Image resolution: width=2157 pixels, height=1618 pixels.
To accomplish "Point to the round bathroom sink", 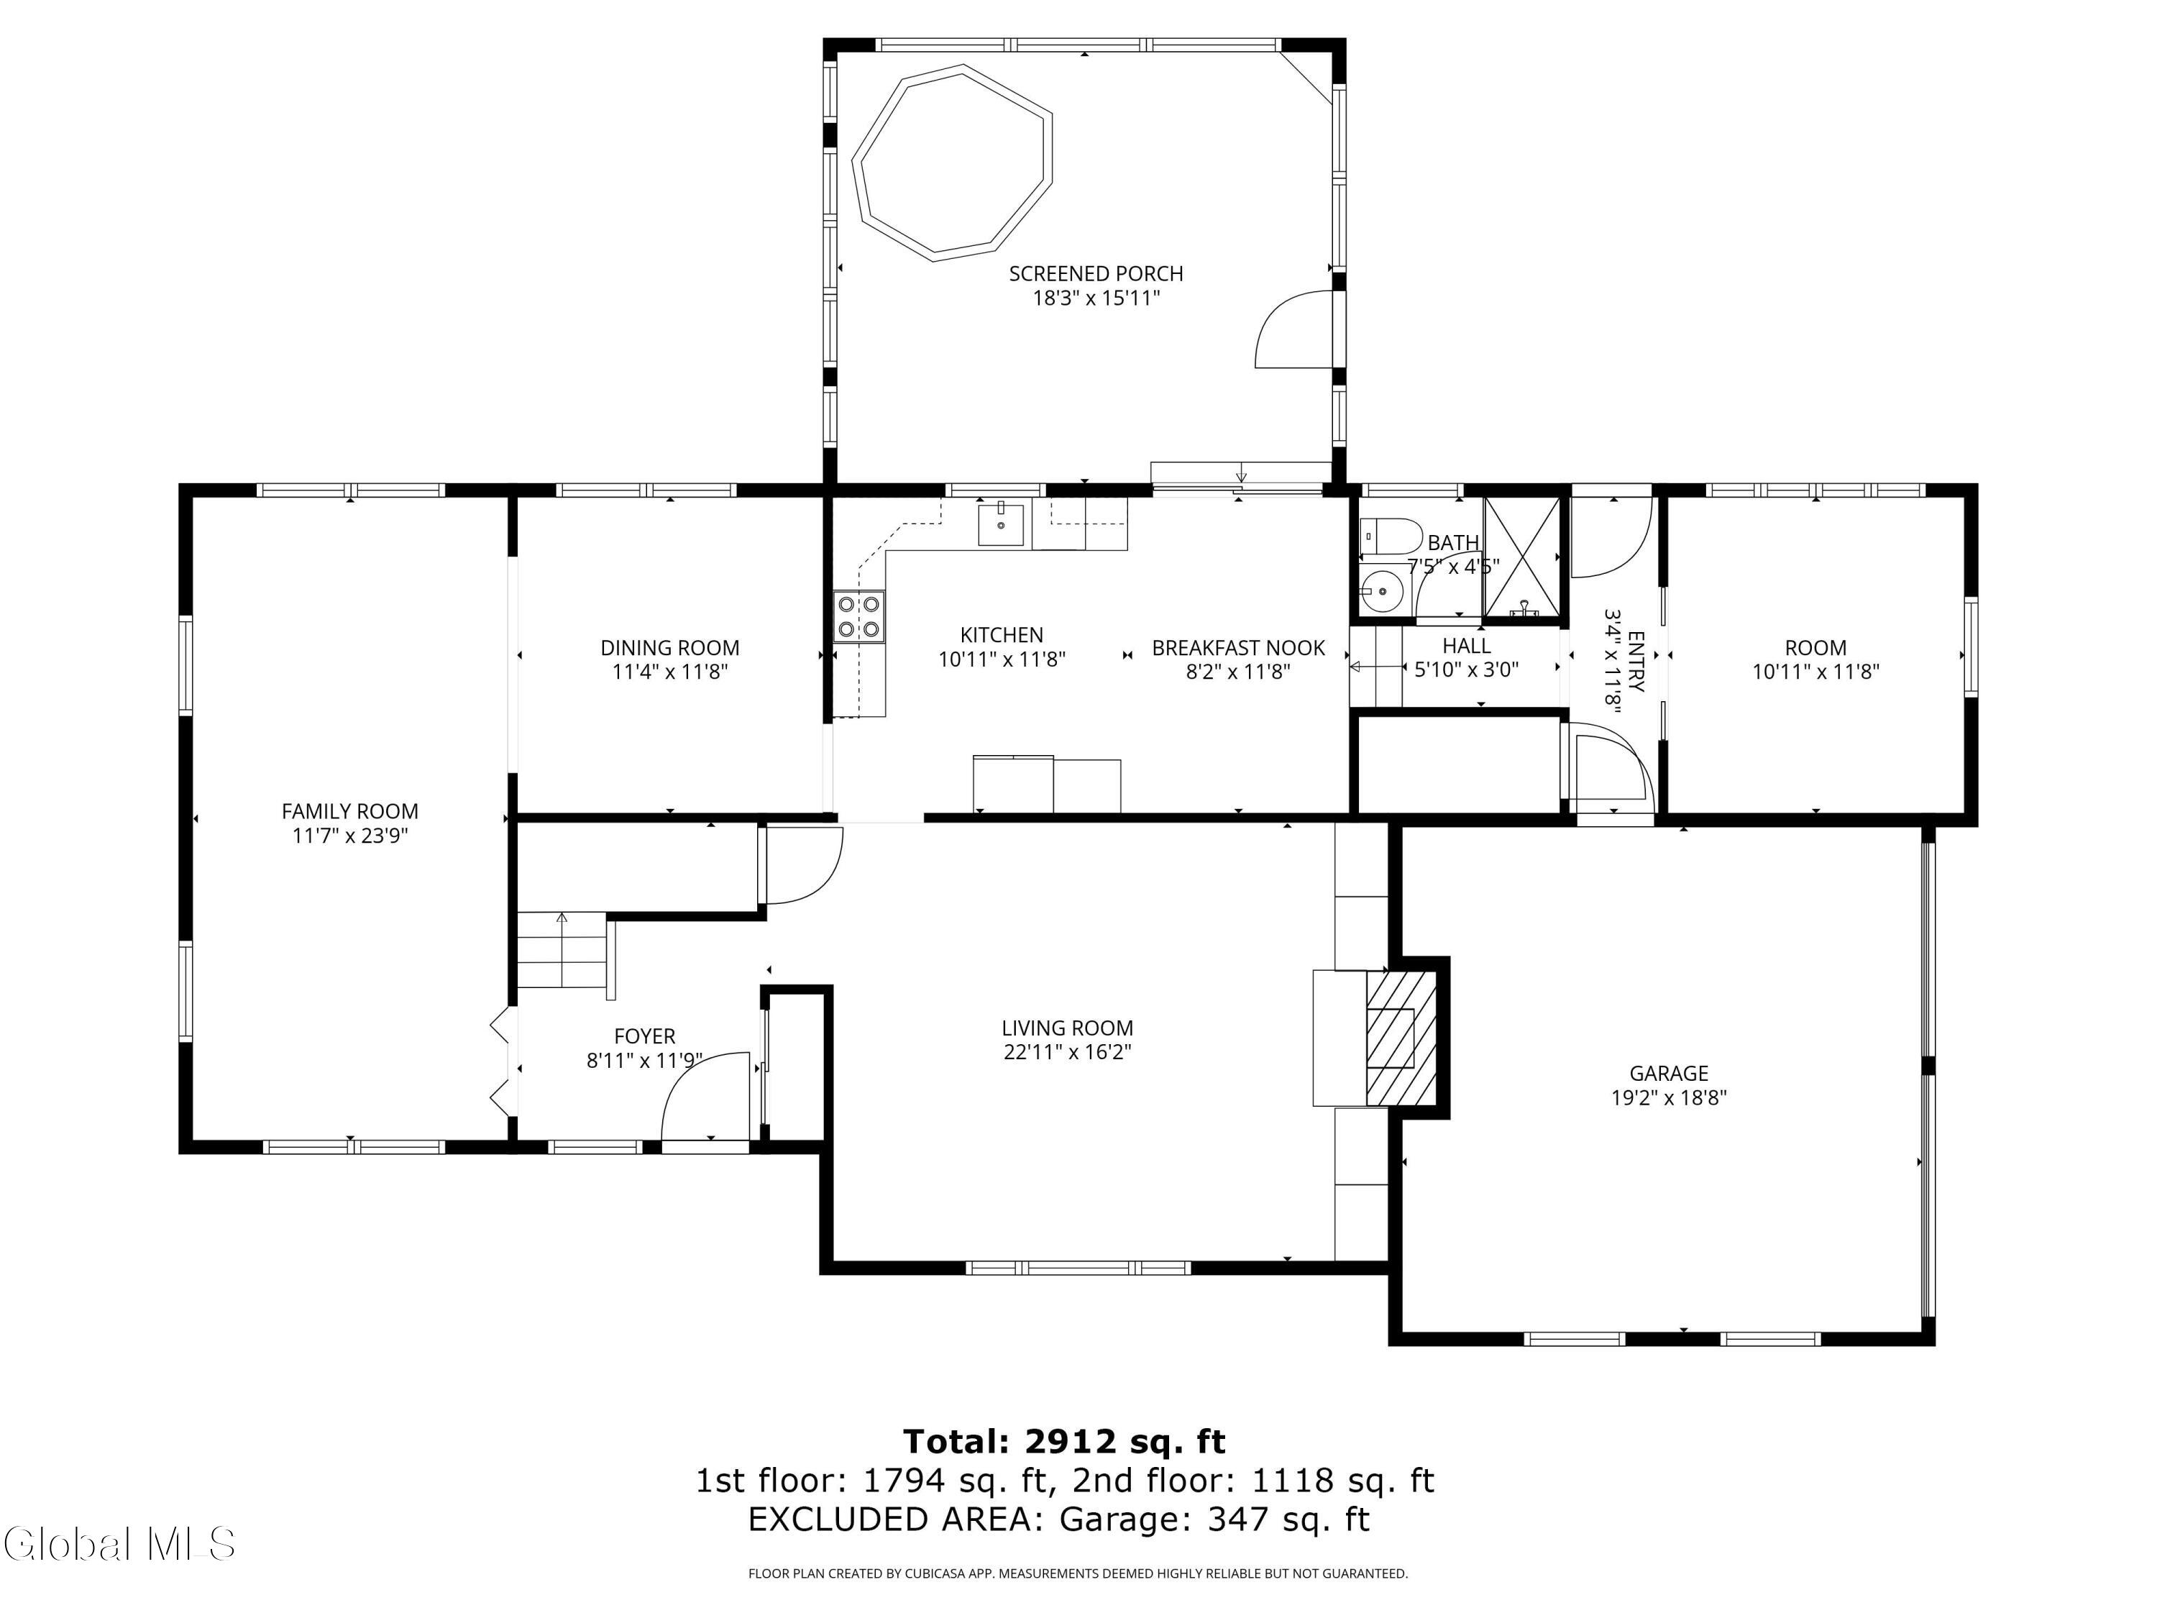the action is point(1382,590).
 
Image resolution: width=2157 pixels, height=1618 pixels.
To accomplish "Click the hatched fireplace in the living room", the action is point(1401,1038).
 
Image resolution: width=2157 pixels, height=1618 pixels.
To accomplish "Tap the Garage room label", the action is point(1669,1074).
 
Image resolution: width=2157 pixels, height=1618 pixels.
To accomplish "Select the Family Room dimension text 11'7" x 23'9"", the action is point(350,836).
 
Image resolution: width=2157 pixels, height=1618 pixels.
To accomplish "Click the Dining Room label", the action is point(670,648).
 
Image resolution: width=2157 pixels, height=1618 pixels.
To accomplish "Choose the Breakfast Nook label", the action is point(1238,648).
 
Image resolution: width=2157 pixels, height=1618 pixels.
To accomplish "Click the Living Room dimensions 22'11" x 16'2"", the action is point(1068,1052).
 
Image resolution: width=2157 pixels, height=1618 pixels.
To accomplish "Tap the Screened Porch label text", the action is point(1096,274).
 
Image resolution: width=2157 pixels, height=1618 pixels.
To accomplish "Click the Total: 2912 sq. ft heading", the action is point(1064,1442).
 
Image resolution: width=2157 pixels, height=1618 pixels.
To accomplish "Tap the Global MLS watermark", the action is point(119,1543).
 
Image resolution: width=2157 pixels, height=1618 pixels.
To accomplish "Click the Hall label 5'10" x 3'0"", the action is point(1467,657).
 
